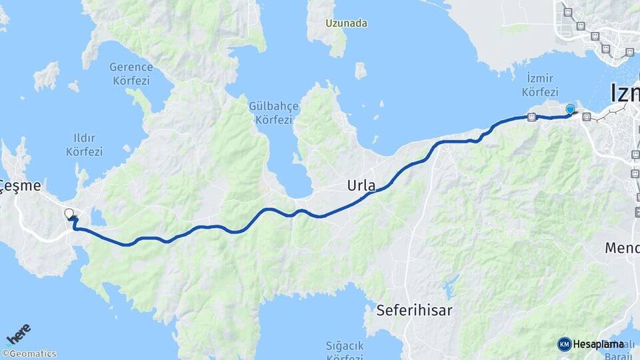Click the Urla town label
tap(361, 185)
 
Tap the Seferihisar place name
tap(414, 310)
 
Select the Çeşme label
tap(21, 186)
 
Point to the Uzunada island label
tap(347, 23)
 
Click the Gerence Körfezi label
tap(131, 74)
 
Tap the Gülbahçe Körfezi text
tap(271, 113)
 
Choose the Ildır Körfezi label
tap(84, 145)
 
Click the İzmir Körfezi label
tap(540, 85)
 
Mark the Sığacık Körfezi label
tap(345, 352)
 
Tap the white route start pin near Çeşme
tap(69, 214)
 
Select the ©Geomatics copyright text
tap(29, 354)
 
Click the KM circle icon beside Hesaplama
tap(564, 344)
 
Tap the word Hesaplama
tap(598, 344)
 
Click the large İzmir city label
tap(624, 93)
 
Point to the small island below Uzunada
tap(361, 71)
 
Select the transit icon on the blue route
tap(531, 117)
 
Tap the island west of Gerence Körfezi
tap(46, 76)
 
